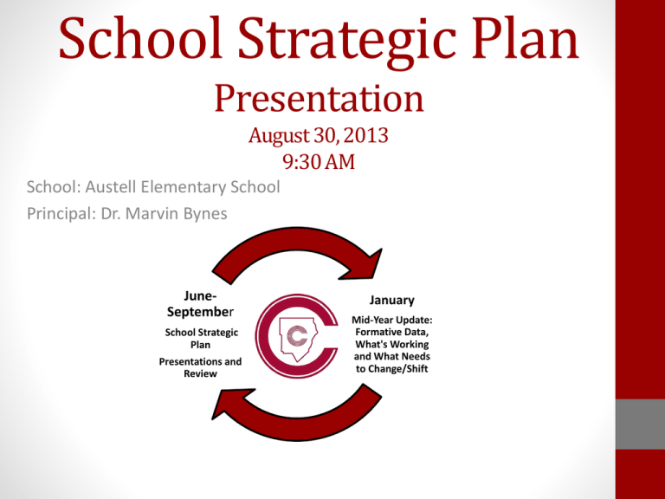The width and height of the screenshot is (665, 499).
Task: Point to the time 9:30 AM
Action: tap(318, 161)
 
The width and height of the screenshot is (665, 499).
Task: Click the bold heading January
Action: tap(391, 300)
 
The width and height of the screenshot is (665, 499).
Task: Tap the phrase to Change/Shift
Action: tap(392, 367)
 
